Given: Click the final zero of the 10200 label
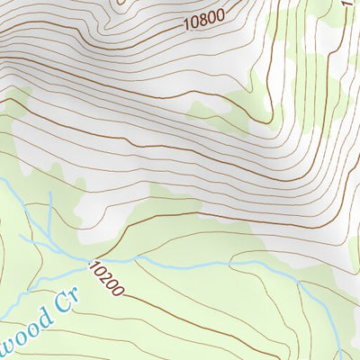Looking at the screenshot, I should pyautogui.click(x=120, y=292).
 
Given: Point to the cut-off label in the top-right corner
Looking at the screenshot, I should pyautogui.click(x=354, y=4).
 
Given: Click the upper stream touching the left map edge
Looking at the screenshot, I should pyautogui.click(x=4, y=183).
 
